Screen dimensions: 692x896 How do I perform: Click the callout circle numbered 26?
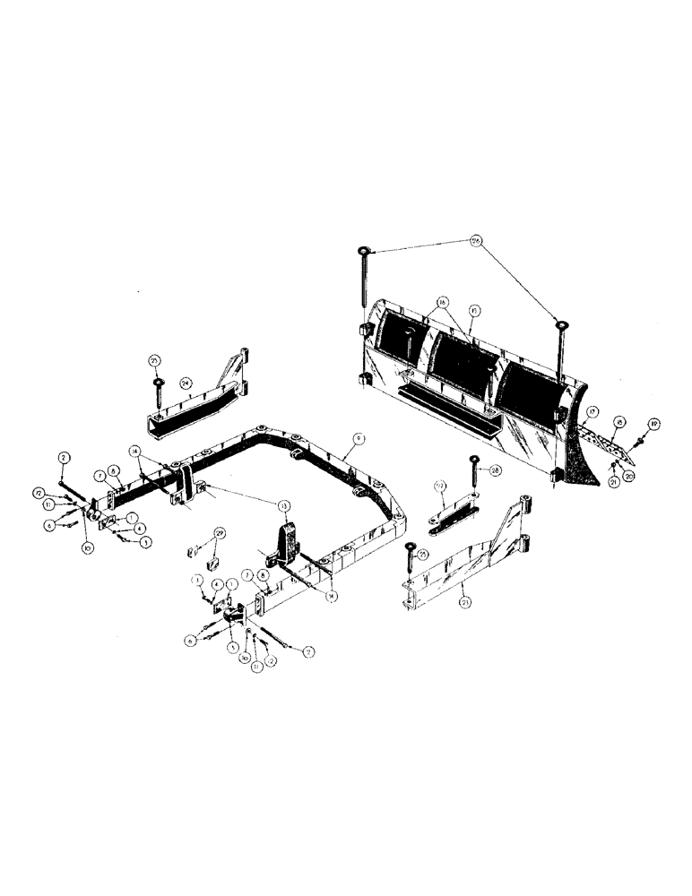[x=475, y=240]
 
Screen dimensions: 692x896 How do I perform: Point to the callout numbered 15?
[x=475, y=310]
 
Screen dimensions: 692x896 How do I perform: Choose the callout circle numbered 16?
[x=443, y=302]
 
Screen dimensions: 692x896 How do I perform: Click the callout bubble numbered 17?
[x=592, y=413]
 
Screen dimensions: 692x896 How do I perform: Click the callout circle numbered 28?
[x=495, y=470]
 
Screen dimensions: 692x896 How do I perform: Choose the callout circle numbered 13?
[x=285, y=506]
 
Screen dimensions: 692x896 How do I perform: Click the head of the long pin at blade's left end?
[x=362, y=248]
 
